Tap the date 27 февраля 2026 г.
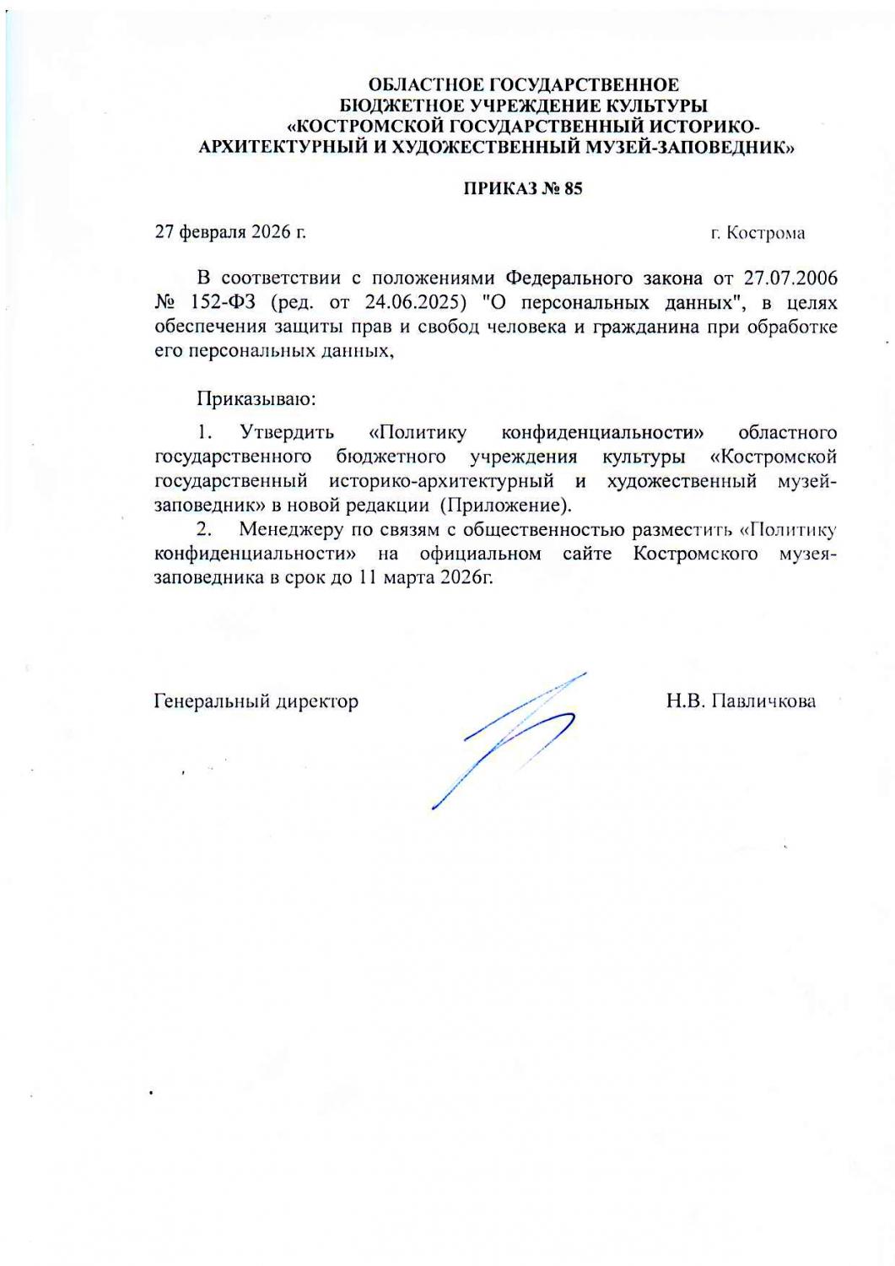point(230,232)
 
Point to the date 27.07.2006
point(790,278)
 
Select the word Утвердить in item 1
point(287,433)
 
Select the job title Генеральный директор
point(256,701)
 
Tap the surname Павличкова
point(764,701)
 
